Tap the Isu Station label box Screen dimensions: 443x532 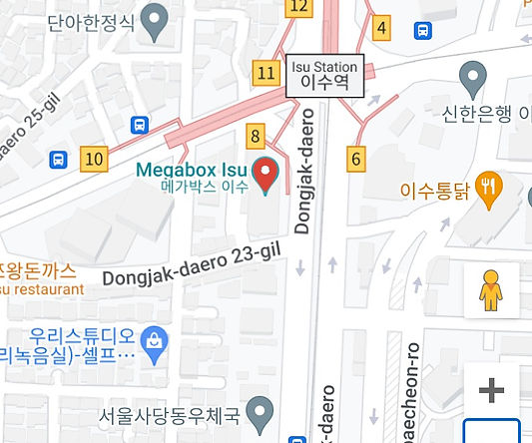(x=324, y=75)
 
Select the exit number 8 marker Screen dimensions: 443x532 (x=257, y=137)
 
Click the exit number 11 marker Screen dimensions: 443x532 (x=266, y=72)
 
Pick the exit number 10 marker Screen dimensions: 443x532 (x=94, y=158)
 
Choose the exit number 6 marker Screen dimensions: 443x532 (x=357, y=157)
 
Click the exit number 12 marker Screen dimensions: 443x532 (x=297, y=7)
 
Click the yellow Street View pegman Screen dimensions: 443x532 (x=490, y=289)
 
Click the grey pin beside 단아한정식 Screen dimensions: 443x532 (x=155, y=19)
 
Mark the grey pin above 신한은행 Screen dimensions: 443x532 (x=472, y=75)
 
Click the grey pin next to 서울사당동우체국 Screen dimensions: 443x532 (x=260, y=410)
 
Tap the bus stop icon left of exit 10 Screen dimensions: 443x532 (x=59, y=158)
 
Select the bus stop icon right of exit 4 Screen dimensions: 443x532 (x=423, y=30)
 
